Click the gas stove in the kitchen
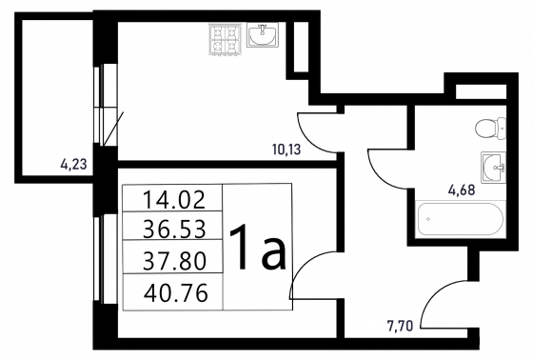click(x=225, y=39)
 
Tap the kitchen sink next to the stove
click(x=263, y=34)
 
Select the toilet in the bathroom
click(x=491, y=129)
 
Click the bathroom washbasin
click(x=494, y=168)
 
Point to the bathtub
click(x=461, y=219)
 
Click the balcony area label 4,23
click(x=74, y=165)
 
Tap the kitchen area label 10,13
click(x=286, y=150)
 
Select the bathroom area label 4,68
click(x=462, y=190)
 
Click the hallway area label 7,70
click(x=400, y=326)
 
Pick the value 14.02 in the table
click(x=174, y=199)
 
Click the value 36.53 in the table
click(x=174, y=229)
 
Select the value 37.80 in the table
click(x=174, y=261)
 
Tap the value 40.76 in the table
click(x=175, y=293)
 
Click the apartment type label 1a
click(x=258, y=247)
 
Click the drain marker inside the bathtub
click(x=428, y=219)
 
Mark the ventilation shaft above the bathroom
click(x=481, y=91)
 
